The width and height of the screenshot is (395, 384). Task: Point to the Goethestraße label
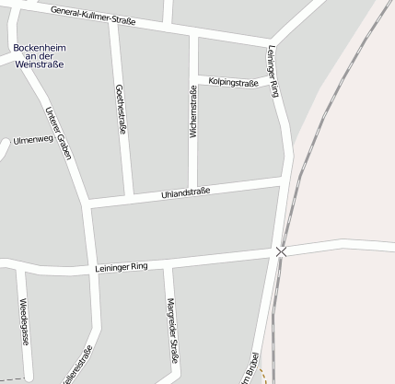tap(121, 110)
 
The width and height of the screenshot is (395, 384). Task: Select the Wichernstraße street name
tap(193, 112)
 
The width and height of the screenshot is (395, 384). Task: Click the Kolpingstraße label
tap(233, 82)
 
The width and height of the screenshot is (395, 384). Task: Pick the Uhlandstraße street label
tap(186, 192)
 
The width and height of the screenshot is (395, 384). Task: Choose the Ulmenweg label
tap(33, 141)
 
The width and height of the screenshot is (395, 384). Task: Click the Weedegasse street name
tap(22, 318)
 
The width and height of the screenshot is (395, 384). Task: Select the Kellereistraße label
tap(77, 365)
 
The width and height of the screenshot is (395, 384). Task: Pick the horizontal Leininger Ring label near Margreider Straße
tap(121, 267)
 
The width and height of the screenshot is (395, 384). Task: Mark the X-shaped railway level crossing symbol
tap(281, 250)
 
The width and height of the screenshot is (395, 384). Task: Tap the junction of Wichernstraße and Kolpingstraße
tap(193, 78)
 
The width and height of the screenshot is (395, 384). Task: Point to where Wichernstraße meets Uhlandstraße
tap(193, 191)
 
